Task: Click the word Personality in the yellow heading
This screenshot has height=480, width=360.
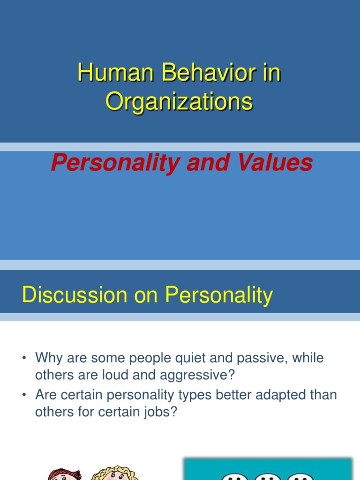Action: tap(218, 296)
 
